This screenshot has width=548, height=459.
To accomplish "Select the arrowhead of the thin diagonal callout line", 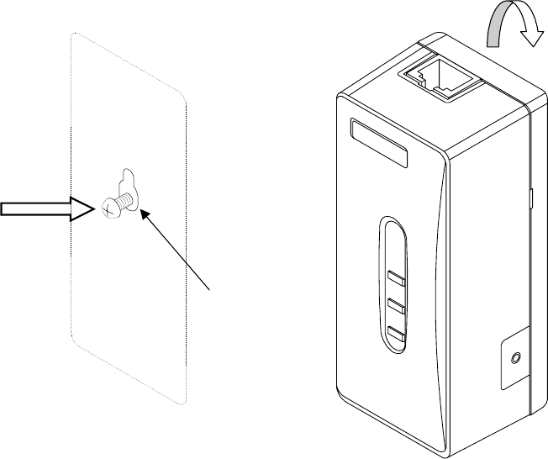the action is (x=145, y=215).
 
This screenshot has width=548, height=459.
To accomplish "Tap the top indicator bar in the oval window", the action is (x=396, y=279).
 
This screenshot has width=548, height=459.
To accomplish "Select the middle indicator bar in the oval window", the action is (x=396, y=305).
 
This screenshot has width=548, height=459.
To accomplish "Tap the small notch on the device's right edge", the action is (x=531, y=198).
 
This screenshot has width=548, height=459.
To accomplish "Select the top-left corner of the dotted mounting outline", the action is (x=74, y=35).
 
